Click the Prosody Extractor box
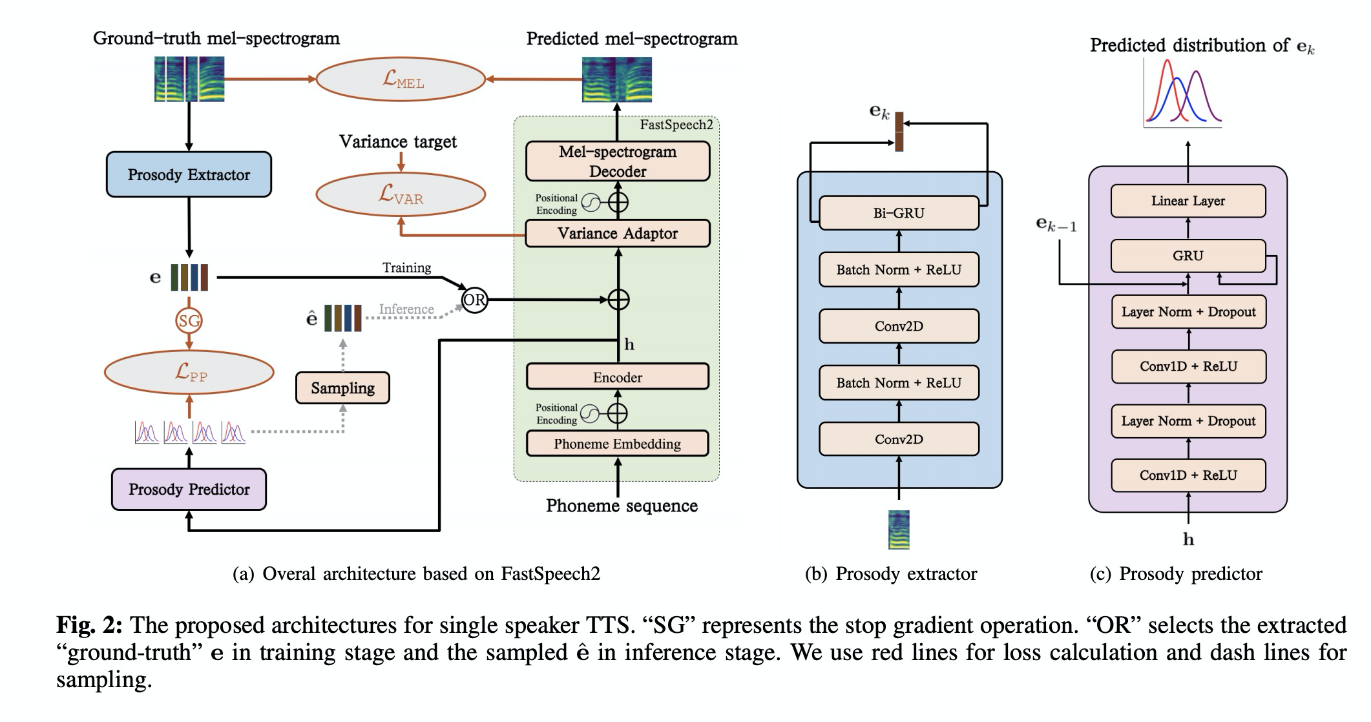[x=189, y=174]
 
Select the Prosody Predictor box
[x=189, y=490]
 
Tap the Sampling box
[x=342, y=388]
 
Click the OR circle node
[x=474, y=300]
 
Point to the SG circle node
[x=189, y=320]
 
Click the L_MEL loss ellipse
[x=401, y=79]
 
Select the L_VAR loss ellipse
[x=401, y=194]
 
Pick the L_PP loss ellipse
[x=189, y=372]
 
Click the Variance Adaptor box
[x=618, y=234]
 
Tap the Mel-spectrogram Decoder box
[x=618, y=161]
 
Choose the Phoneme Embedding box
[x=618, y=444]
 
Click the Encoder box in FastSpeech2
[x=618, y=377]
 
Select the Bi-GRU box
[x=899, y=213]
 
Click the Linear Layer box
[x=1188, y=201]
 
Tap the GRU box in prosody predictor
[x=1188, y=256]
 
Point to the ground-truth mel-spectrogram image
[x=189, y=79]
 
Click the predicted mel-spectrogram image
[x=617, y=79]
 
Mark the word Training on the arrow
[x=406, y=267]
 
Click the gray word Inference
[x=406, y=309]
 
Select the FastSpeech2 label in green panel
[x=676, y=125]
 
